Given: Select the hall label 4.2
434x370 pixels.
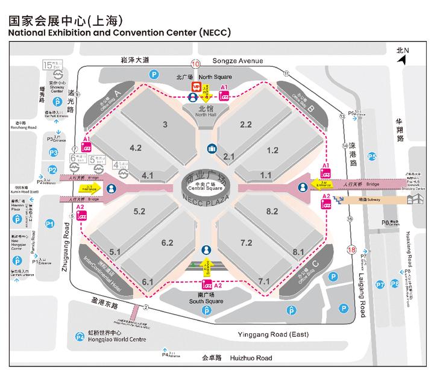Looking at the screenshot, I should (x=136, y=147).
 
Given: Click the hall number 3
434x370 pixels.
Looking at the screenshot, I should (x=165, y=125).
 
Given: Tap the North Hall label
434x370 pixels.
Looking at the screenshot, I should (x=206, y=113).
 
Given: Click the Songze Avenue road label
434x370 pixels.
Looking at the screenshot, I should (x=239, y=61).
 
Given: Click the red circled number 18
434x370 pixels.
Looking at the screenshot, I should (x=351, y=249).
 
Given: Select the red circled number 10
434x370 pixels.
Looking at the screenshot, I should (x=195, y=64).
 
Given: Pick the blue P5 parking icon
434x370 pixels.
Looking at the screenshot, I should (x=372, y=157).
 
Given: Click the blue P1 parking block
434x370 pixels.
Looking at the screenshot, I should (x=51, y=224).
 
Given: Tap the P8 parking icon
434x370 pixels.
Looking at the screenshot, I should (x=394, y=284).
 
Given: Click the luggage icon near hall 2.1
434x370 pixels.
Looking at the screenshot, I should (x=212, y=148).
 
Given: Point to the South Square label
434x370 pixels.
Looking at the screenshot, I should (x=207, y=298).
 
